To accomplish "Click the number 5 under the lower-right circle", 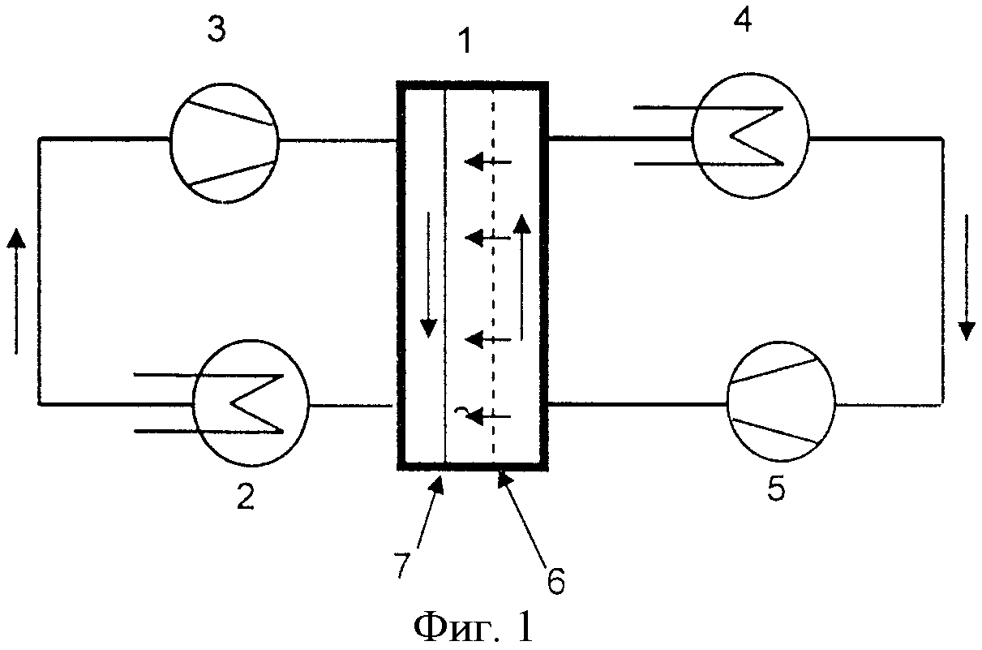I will click(x=777, y=490).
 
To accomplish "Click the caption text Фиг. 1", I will click(x=474, y=626).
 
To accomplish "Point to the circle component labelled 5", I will click(x=782, y=402).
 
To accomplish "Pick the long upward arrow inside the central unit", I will click(x=522, y=276).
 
